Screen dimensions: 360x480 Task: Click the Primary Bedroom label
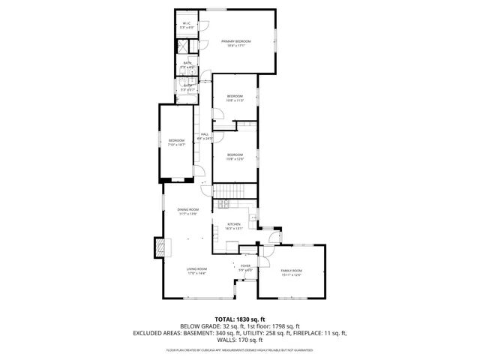click(x=235, y=40)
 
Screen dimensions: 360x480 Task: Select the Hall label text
click(x=204, y=134)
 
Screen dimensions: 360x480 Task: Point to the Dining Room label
click(x=187, y=209)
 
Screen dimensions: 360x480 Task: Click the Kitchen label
click(x=234, y=224)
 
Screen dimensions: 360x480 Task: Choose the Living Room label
click(x=196, y=268)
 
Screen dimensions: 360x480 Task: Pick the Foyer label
click(x=245, y=265)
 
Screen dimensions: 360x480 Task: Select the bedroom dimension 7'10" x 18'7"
click(x=176, y=145)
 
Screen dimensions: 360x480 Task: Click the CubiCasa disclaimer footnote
click(x=239, y=349)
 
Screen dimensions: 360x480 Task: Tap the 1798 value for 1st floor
click(x=277, y=325)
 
